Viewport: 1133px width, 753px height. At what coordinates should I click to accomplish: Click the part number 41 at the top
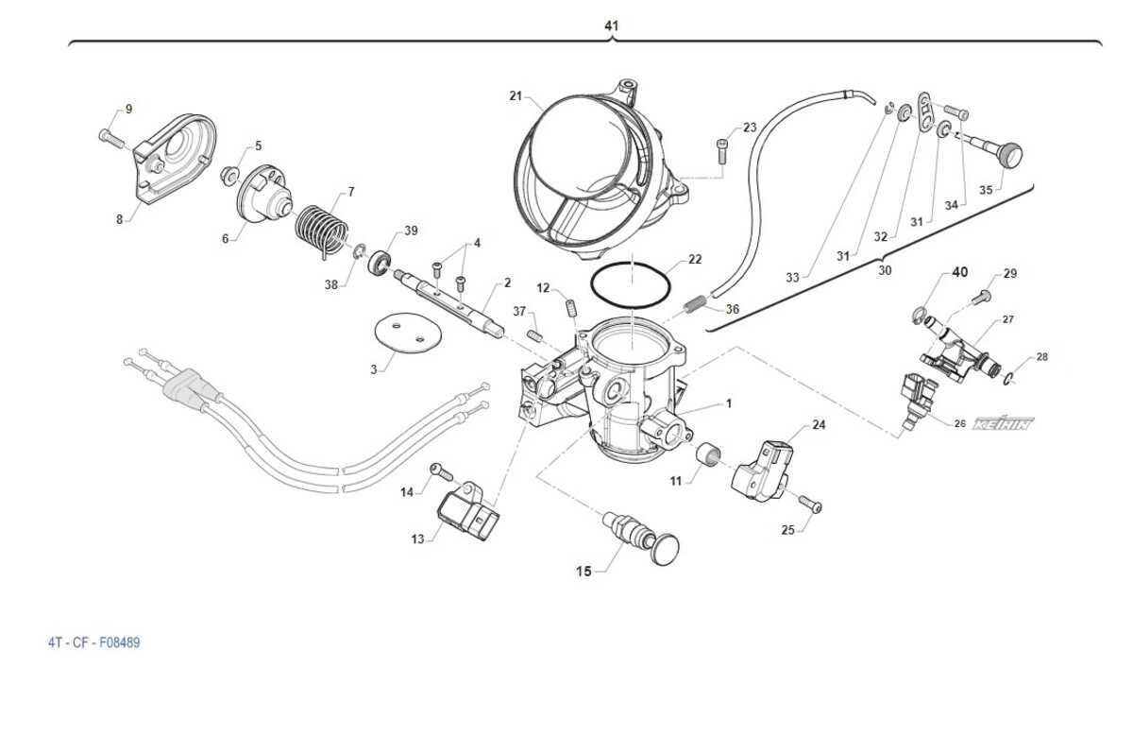tap(611, 26)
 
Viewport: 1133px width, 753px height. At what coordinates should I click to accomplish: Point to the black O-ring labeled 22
tap(630, 282)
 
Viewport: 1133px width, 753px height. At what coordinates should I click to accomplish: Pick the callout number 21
tap(515, 95)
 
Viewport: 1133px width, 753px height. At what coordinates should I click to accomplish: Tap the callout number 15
tap(583, 571)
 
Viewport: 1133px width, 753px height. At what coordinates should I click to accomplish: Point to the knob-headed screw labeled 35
tap(1001, 153)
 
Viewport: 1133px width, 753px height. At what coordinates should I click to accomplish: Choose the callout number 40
tap(958, 272)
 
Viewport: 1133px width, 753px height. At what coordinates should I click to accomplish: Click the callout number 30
tap(884, 270)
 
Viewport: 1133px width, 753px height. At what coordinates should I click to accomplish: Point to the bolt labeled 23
tap(723, 149)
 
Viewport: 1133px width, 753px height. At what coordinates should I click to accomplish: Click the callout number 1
tap(728, 403)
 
